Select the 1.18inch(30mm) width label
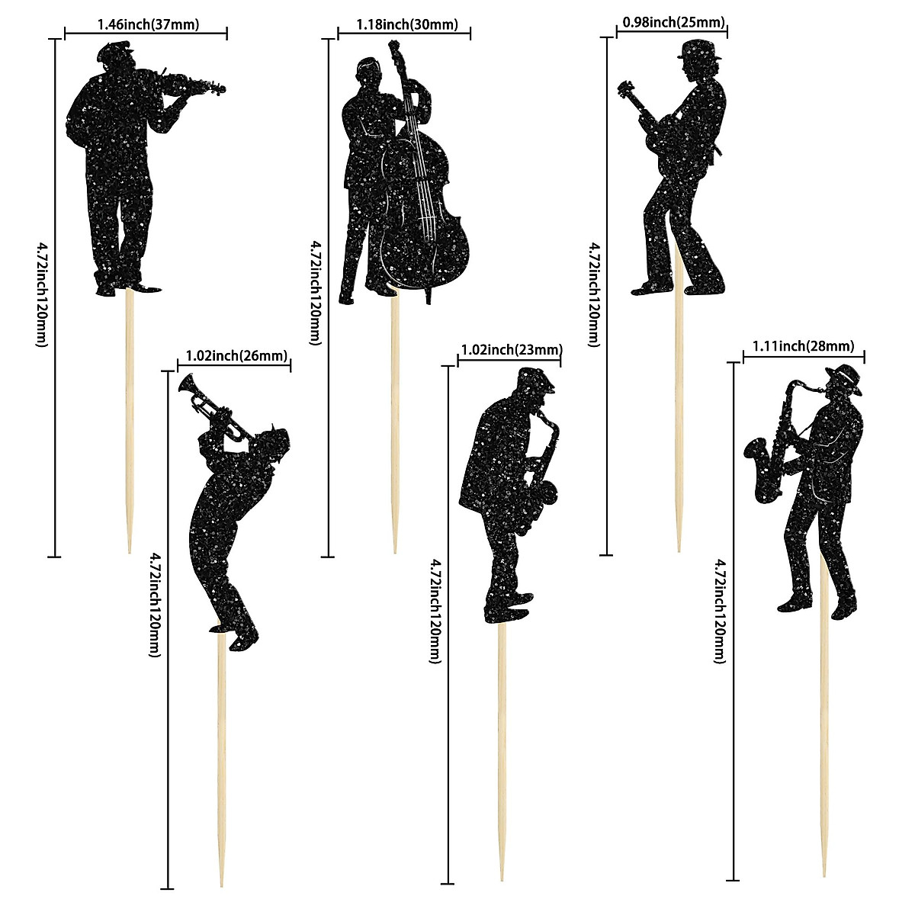[x=407, y=24]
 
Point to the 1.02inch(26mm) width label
[x=237, y=355]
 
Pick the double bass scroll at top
[x=396, y=50]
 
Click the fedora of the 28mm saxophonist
[x=846, y=376]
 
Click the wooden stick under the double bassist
[x=395, y=419]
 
